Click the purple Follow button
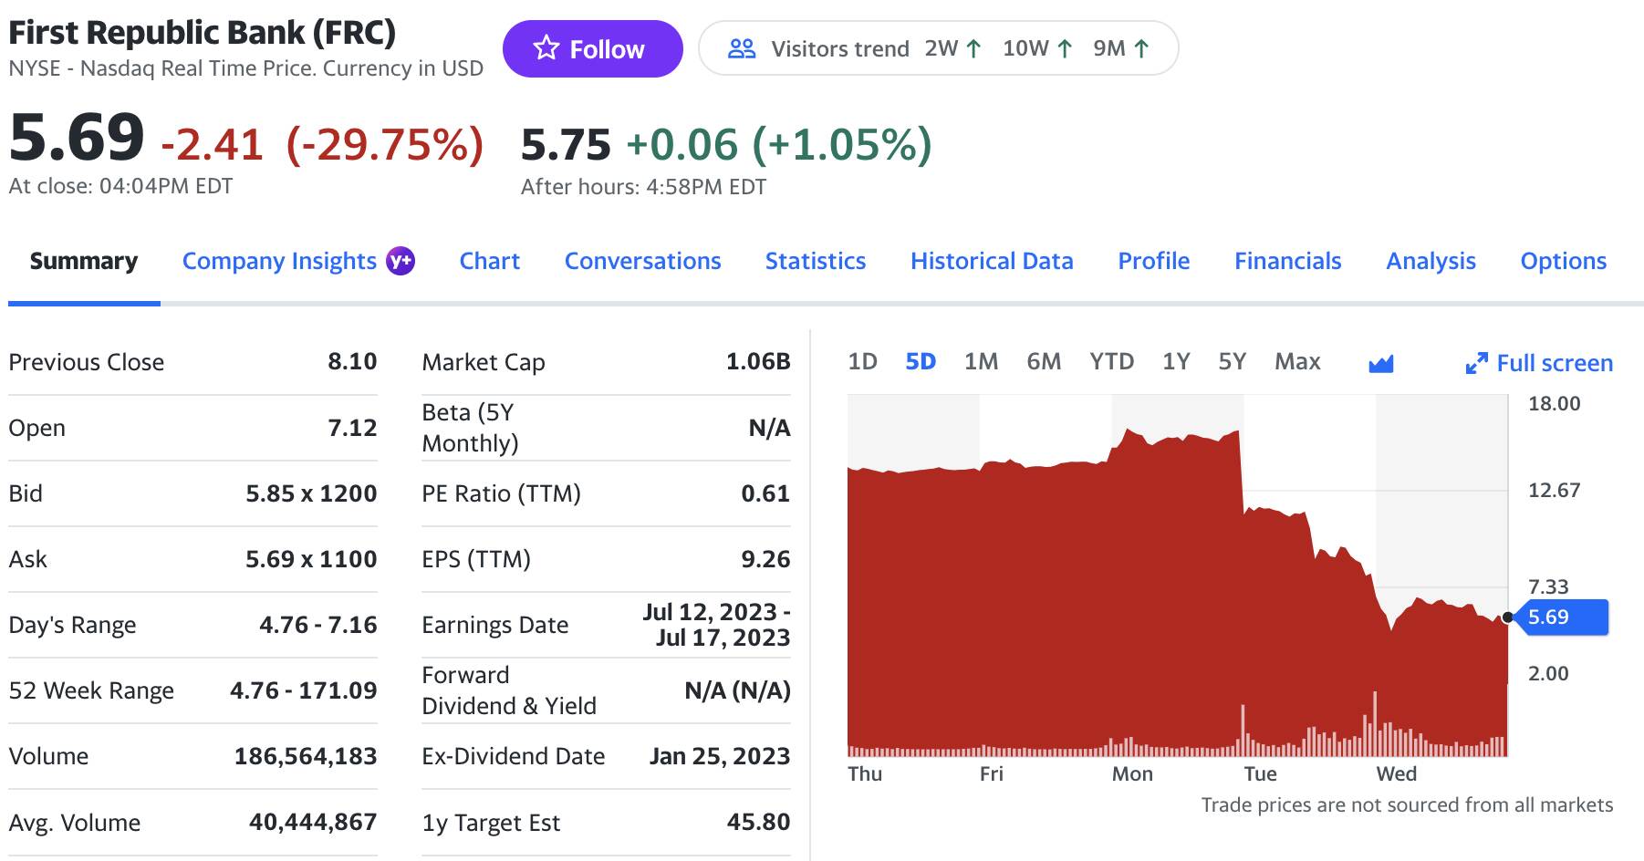tap(592, 48)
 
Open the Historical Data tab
tap(992, 261)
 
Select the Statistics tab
tap(816, 261)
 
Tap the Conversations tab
tap(642, 261)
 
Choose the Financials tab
tap(1287, 261)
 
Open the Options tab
tap(1563, 262)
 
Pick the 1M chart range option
tap(981, 362)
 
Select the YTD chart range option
tap(1111, 362)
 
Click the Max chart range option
tap(1297, 362)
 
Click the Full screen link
tap(1539, 363)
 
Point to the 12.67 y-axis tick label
tap(1554, 490)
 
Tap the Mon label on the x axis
tap(1132, 773)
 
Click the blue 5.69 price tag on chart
tap(1558, 617)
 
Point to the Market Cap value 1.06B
tap(758, 362)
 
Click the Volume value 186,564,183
tap(306, 756)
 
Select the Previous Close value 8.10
tap(352, 362)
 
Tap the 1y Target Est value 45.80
tap(758, 823)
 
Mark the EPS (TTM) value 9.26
tap(765, 559)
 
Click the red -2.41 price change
tap(212, 144)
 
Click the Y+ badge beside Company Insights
tap(401, 261)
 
